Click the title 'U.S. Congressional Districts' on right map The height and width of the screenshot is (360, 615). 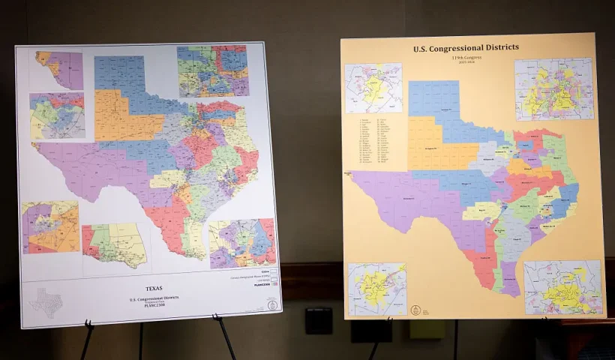[466, 48]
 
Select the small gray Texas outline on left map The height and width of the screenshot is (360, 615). [44, 303]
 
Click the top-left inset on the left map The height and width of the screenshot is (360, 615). [59, 70]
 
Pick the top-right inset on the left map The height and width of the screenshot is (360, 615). [213, 71]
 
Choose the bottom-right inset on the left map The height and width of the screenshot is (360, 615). [242, 244]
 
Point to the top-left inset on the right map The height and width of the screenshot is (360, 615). [373, 88]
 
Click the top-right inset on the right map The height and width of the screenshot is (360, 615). [553, 89]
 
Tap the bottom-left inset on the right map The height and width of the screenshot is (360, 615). [376, 289]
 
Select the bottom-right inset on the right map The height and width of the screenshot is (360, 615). [562, 287]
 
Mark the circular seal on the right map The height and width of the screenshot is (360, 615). [415, 309]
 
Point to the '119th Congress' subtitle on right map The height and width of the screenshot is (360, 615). [466, 58]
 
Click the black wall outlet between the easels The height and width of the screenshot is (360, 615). [319, 320]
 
